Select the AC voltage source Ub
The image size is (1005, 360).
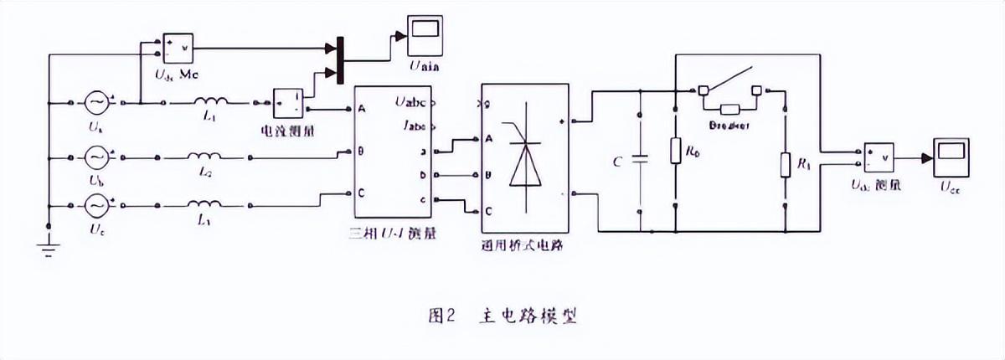pyautogui.click(x=96, y=156)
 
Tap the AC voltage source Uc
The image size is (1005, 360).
pyautogui.click(x=96, y=204)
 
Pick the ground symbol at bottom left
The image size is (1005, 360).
pyautogui.click(x=49, y=244)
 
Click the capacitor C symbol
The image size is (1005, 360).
pyautogui.click(x=640, y=161)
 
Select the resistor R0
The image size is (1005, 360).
pyautogui.click(x=675, y=152)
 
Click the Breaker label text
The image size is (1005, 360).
pyautogui.click(x=729, y=124)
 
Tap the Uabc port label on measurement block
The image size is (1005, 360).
pyautogui.click(x=410, y=103)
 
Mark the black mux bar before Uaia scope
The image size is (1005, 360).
pyautogui.click(x=339, y=59)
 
